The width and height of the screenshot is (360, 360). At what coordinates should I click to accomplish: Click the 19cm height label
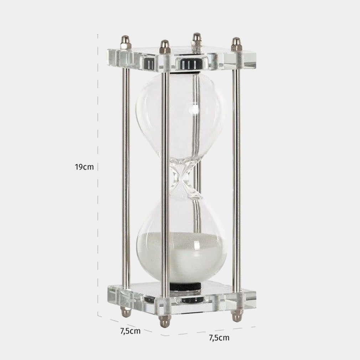coord(84,167)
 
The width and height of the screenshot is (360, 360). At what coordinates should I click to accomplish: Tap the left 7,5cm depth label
coord(130,331)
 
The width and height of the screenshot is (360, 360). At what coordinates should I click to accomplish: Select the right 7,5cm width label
coord(219,338)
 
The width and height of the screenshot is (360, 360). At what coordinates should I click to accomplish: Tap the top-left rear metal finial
coord(126,42)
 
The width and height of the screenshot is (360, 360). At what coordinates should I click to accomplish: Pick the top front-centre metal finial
coord(165,47)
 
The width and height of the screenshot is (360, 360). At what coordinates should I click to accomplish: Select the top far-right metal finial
coord(236,45)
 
